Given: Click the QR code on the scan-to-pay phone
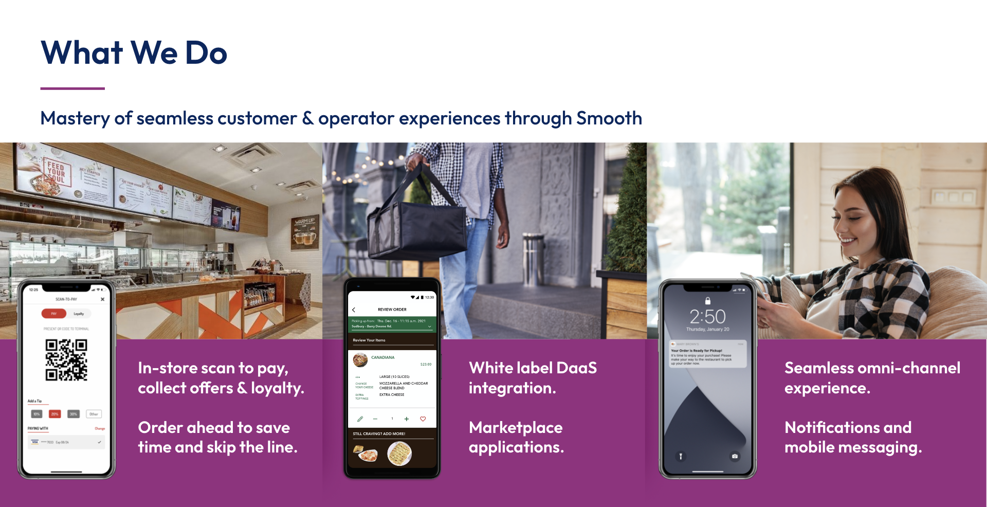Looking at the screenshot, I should [x=66, y=360].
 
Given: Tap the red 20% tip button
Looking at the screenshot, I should [x=55, y=414].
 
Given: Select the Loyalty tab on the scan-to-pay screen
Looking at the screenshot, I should [x=79, y=314].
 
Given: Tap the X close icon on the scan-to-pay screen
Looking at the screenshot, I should [x=102, y=299].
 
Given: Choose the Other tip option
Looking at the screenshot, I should [x=94, y=414].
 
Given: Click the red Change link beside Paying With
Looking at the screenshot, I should [x=99, y=428].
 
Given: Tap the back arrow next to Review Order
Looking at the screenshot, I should [x=354, y=310].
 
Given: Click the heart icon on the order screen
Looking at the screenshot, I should [x=423, y=419].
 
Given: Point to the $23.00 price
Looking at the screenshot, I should [x=426, y=365].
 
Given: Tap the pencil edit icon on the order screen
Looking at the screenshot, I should [x=360, y=419].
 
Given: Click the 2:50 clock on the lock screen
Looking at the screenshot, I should [x=707, y=316].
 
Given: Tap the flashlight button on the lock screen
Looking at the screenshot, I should [x=681, y=456].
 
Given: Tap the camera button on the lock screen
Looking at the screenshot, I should [x=735, y=456].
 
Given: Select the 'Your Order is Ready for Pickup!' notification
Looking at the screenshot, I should [x=707, y=354].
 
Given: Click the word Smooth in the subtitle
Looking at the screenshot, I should [x=609, y=118].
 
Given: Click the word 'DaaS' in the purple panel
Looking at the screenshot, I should [x=576, y=368].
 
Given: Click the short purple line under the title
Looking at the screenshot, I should [x=72, y=88].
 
